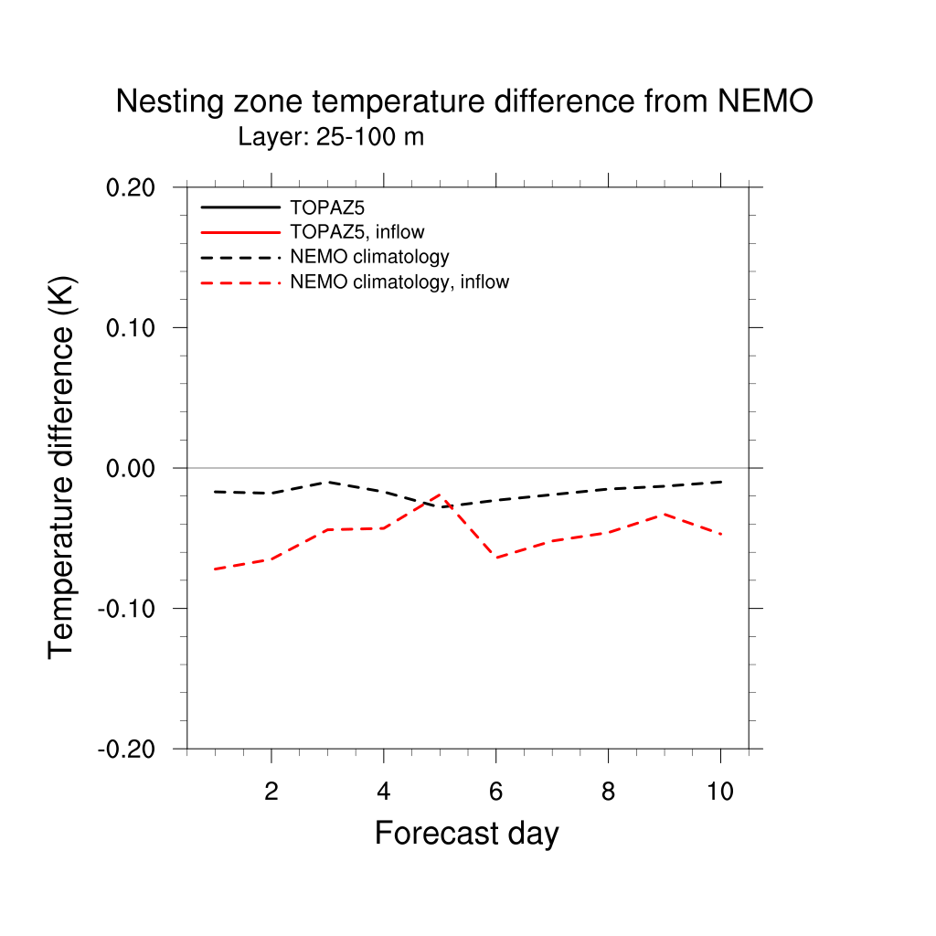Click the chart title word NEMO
coord(765,102)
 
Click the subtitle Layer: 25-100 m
coord(331,138)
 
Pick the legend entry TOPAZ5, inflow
coord(356,232)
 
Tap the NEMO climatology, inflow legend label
coord(399,282)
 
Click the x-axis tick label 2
coord(271,792)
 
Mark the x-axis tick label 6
coord(495,792)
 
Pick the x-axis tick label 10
coord(720,792)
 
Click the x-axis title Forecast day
coord(466,834)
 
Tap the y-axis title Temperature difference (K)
coord(62,467)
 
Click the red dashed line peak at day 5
coord(440,494)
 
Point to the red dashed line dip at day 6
coord(495,558)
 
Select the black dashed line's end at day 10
coord(720,482)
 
